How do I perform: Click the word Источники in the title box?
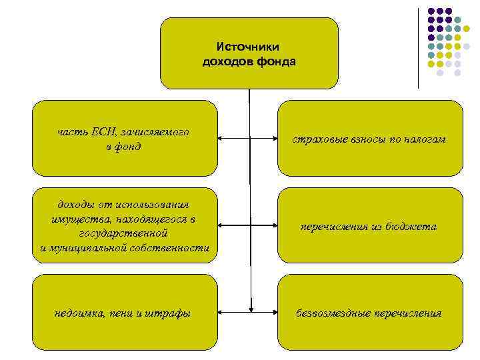point(248,47)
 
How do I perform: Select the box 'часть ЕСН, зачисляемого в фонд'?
point(125,138)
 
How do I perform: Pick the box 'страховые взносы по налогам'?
point(370,138)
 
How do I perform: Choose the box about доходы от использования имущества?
point(125,225)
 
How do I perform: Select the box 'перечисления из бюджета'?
point(370,225)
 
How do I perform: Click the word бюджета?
point(417,227)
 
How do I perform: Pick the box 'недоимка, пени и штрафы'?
point(125,312)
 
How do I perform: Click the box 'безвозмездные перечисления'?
point(370,312)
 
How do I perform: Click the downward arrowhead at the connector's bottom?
point(251,308)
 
